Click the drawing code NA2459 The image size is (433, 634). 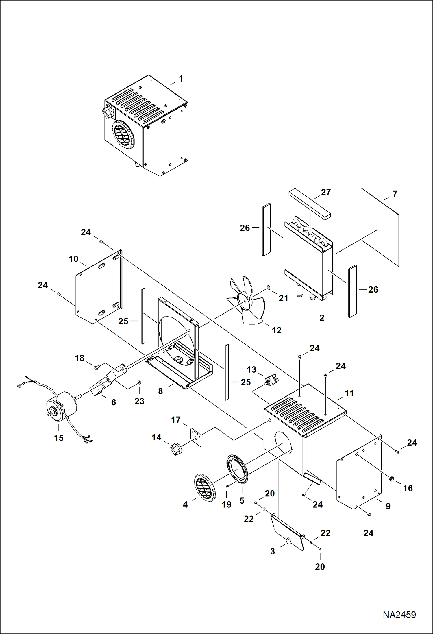[399, 615]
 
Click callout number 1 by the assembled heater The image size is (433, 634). [181, 79]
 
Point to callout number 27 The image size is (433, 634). [326, 192]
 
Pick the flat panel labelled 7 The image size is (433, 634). [380, 227]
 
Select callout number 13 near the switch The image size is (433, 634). [251, 369]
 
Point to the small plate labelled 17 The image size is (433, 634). [196, 437]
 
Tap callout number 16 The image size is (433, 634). [408, 488]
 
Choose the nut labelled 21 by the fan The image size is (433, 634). [268, 287]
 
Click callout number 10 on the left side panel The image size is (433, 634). [73, 259]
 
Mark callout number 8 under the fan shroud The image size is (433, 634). [160, 391]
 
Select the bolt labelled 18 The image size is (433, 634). [97, 367]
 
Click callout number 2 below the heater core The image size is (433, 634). [322, 318]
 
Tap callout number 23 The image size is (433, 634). [139, 401]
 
